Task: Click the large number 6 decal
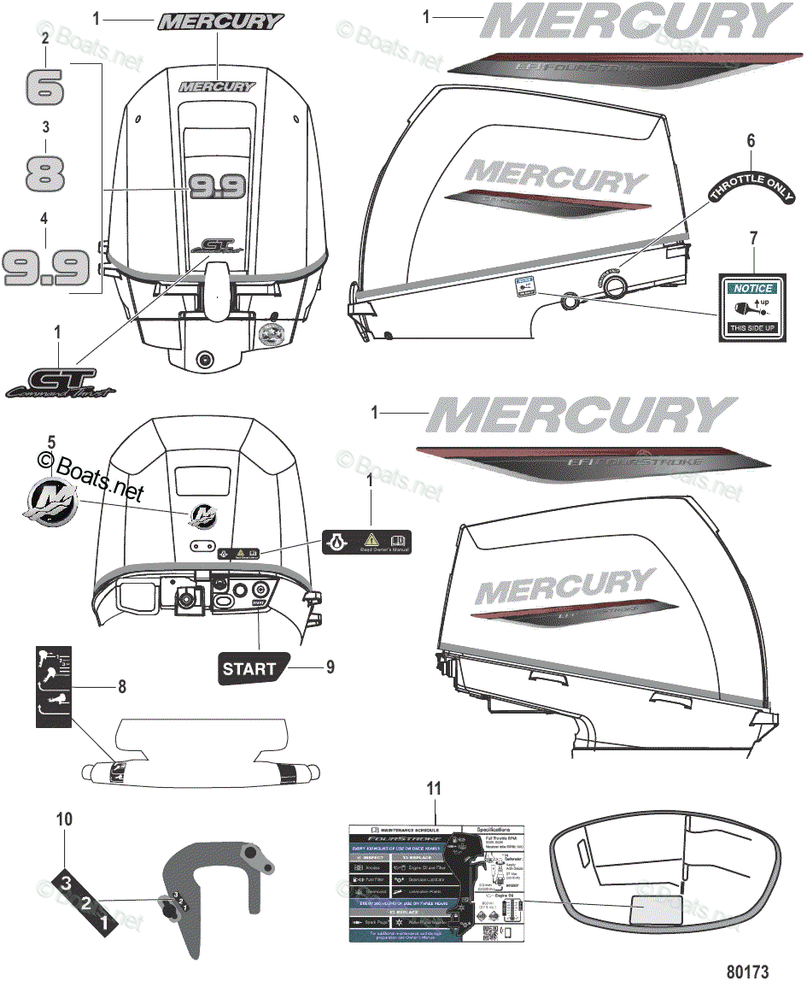click(x=46, y=85)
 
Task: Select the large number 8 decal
click(x=45, y=171)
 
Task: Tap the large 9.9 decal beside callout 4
click(x=46, y=266)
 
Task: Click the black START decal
click(x=251, y=668)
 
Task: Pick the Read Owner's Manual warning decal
click(x=366, y=541)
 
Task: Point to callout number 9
click(x=330, y=667)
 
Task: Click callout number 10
click(x=64, y=819)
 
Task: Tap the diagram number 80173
click(x=748, y=971)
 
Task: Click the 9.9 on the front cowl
click(x=218, y=185)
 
